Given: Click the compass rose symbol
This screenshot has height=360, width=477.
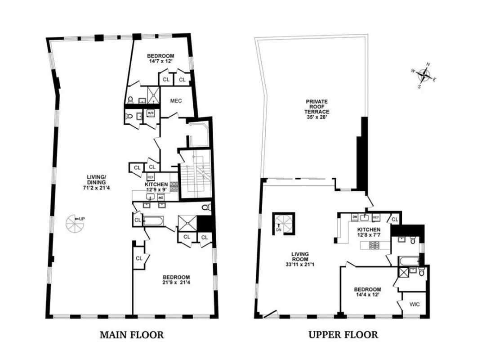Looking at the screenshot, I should pos(424,75).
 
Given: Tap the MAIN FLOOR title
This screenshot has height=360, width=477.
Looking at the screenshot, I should pos(131,335).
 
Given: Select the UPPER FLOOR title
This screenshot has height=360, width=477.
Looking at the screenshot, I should pos(343,335).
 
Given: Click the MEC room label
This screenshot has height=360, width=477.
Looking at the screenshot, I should pos(176,101).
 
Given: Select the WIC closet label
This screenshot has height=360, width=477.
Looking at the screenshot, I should pos(414,305).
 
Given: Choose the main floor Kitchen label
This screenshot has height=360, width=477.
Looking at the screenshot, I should pos(156,184).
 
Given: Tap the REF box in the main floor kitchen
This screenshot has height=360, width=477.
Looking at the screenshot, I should pos(151,177).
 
